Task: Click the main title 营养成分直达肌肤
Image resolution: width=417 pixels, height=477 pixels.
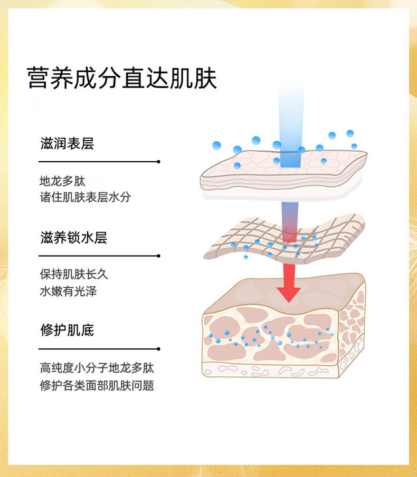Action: [x=122, y=78]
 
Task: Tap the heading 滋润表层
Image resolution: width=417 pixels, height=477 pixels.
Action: [x=67, y=143]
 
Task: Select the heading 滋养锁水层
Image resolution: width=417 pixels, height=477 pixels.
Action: [x=74, y=237]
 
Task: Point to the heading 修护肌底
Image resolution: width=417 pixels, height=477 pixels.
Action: [x=67, y=330]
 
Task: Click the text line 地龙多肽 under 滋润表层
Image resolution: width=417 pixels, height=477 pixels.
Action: [x=62, y=181]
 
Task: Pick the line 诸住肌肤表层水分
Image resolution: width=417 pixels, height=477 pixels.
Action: [x=86, y=197]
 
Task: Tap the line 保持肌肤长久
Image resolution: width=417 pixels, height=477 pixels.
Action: [x=74, y=274]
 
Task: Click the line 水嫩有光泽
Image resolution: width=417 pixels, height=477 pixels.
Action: [x=68, y=291]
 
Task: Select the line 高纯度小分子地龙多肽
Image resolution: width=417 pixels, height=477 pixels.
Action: [x=97, y=368]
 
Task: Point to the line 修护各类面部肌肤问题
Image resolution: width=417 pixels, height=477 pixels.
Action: [x=97, y=385]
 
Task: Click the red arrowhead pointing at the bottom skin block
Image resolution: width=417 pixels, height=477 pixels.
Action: [x=288, y=294]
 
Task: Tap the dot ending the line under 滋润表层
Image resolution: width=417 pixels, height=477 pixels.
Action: [x=158, y=161]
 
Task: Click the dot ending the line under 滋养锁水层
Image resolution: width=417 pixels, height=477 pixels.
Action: [x=158, y=256]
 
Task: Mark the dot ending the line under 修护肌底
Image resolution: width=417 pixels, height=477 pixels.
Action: [x=158, y=349]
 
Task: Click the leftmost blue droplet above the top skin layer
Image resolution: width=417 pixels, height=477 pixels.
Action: [x=216, y=145]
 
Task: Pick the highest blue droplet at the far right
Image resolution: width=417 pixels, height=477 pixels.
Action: [x=350, y=133]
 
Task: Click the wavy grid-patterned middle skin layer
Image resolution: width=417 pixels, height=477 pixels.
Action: [x=284, y=239]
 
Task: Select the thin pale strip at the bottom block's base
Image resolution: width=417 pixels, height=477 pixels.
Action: [x=270, y=370]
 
